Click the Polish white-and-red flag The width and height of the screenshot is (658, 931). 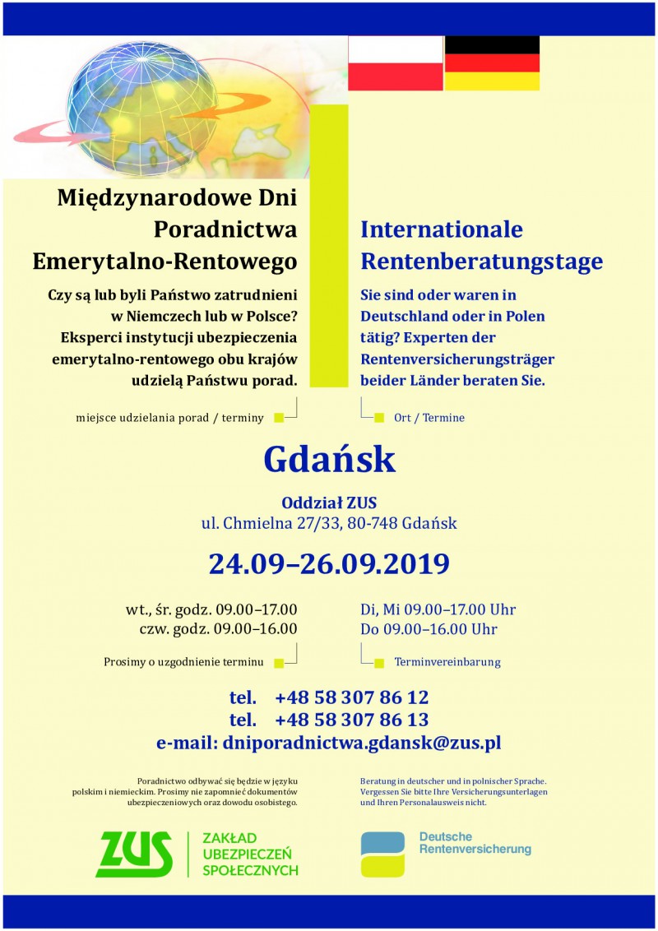[x=396, y=63]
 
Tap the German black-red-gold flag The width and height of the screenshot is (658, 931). [x=492, y=63]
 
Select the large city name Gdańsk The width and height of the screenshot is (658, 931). [x=329, y=460]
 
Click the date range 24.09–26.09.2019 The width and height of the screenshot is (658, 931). [x=329, y=564]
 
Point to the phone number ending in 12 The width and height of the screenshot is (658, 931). [x=351, y=698]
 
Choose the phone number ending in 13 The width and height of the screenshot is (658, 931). [x=351, y=720]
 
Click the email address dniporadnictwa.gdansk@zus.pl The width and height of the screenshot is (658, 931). [x=362, y=743]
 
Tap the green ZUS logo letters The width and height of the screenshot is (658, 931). [x=135, y=854]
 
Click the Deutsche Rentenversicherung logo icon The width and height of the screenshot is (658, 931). [x=382, y=854]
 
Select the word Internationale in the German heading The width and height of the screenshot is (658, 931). [x=442, y=229]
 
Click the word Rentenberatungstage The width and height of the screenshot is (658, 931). [x=481, y=262]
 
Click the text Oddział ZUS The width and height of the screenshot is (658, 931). [x=329, y=503]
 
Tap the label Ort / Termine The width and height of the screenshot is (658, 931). [x=429, y=418]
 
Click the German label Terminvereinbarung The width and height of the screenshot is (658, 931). [x=447, y=662]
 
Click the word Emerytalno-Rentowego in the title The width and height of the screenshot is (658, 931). [x=164, y=262]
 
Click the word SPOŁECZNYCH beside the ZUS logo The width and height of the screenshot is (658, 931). [x=250, y=870]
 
